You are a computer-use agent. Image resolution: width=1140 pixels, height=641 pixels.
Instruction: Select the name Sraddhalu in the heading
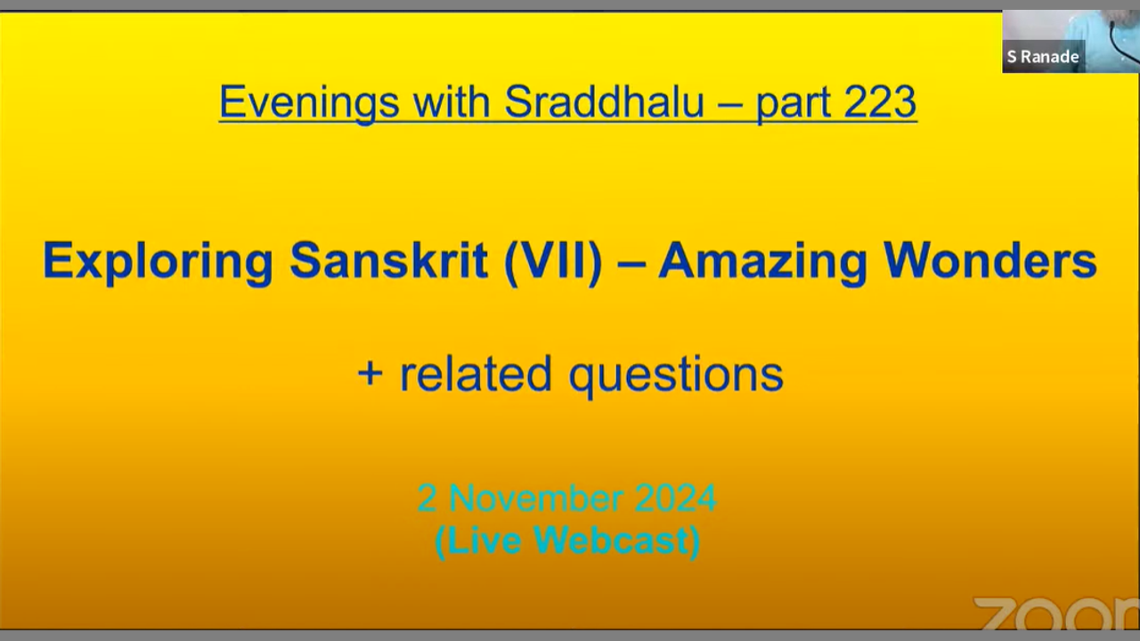pyautogui.click(x=604, y=102)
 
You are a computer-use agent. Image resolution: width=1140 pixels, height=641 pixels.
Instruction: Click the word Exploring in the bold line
pyautogui.click(x=158, y=263)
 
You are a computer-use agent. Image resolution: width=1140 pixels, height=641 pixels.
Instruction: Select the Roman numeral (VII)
pyautogui.click(x=553, y=262)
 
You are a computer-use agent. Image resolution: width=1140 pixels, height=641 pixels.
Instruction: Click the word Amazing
pyautogui.click(x=762, y=263)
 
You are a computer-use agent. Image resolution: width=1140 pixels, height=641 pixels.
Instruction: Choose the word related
pyautogui.click(x=476, y=373)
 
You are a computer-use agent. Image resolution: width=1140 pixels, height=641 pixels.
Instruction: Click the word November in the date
pyautogui.click(x=536, y=499)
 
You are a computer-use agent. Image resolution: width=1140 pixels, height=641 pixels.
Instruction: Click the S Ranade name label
pyautogui.click(x=1043, y=56)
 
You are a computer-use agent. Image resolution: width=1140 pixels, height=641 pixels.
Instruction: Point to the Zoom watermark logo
pyautogui.click(x=1056, y=613)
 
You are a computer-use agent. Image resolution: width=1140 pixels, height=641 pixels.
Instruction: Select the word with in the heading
pyautogui.click(x=452, y=102)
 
